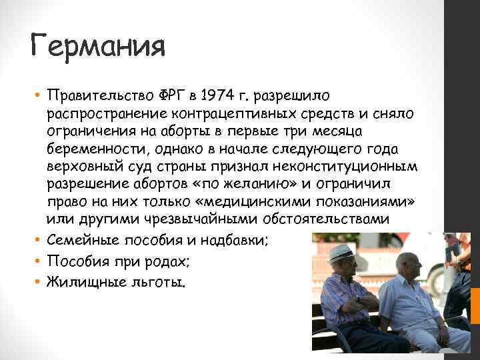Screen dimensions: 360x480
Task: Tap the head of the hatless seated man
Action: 409,265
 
